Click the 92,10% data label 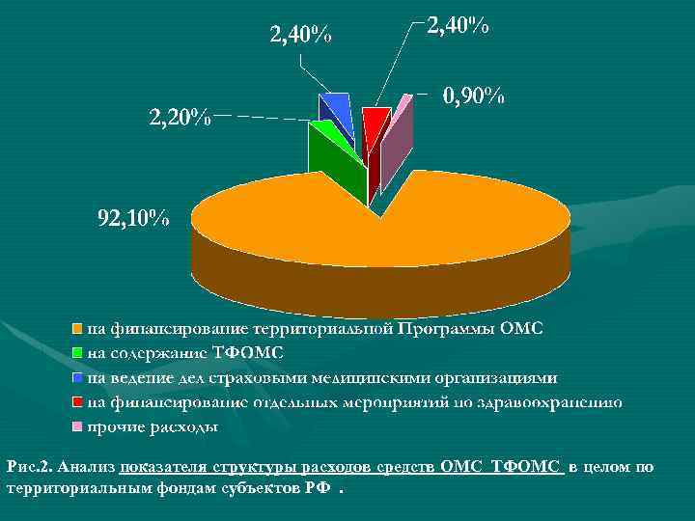coord(133,218)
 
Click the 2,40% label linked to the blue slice coord(300,36)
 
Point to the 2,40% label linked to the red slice coord(458,27)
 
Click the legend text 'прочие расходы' coord(153,425)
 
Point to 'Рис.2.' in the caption coord(28,467)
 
